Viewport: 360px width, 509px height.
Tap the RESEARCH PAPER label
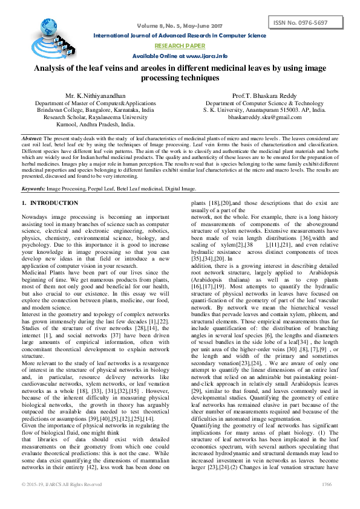tap(180, 45)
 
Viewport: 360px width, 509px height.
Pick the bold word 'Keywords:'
tap(33, 189)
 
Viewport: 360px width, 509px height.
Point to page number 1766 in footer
tap(327, 501)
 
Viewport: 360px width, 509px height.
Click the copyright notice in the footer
tap(62, 501)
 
